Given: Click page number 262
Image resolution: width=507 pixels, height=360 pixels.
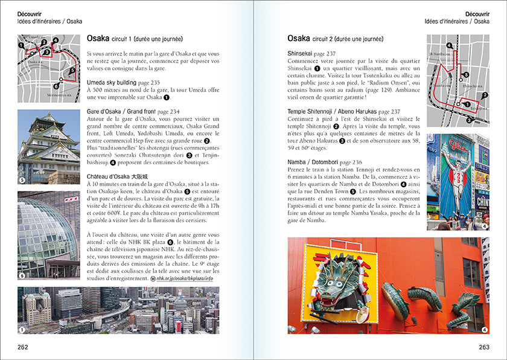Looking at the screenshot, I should (22, 347).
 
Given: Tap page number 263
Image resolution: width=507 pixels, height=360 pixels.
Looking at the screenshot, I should (483, 347).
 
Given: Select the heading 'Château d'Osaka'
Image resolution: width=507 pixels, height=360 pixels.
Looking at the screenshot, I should (114, 176).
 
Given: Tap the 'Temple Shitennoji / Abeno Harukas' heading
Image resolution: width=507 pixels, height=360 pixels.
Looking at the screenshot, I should (332, 111).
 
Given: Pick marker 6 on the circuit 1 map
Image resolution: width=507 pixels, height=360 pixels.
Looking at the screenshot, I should (56, 86).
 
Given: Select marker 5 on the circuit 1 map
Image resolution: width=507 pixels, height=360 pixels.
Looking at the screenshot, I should (72, 70).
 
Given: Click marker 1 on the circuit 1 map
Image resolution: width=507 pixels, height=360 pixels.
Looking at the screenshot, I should (21, 45).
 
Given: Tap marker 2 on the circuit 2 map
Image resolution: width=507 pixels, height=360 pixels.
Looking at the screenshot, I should (485, 95).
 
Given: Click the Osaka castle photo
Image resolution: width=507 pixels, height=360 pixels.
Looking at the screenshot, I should (48, 146).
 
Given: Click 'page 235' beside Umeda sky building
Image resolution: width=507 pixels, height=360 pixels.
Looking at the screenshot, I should (148, 83).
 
